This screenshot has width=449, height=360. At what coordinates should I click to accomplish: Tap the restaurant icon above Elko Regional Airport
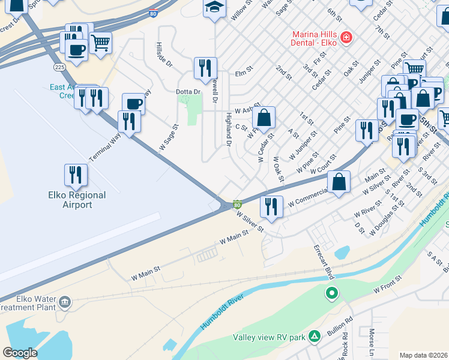[75, 175]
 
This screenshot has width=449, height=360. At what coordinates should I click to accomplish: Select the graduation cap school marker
[213, 7]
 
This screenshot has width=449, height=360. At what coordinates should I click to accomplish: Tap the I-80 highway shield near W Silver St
[238, 205]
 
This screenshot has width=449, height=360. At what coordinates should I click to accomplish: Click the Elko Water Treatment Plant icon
[65, 301]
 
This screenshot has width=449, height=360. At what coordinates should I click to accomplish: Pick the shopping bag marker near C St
[264, 117]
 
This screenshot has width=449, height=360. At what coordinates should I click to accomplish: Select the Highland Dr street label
[228, 129]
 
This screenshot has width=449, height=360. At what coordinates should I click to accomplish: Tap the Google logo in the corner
[20, 353]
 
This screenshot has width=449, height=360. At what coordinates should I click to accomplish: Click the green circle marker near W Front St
[331, 293]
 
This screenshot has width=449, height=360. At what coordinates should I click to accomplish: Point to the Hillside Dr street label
[163, 54]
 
